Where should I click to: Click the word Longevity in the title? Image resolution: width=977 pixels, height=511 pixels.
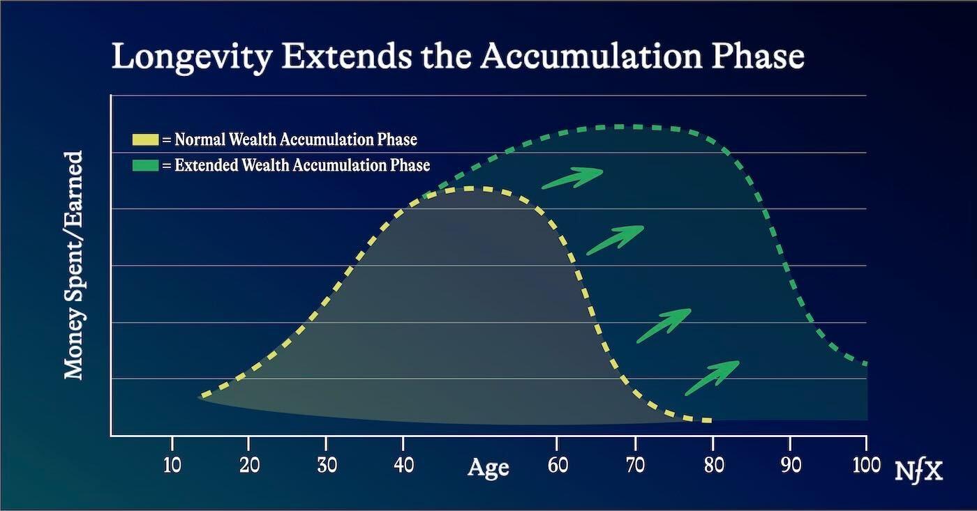193,57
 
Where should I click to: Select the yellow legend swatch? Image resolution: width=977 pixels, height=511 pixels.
145,139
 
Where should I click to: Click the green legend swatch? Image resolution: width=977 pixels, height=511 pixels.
145,165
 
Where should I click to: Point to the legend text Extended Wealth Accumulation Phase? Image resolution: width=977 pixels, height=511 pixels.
302,165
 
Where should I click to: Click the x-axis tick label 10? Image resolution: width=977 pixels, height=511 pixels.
172,466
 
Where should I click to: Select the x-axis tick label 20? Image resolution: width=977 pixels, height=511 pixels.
250,466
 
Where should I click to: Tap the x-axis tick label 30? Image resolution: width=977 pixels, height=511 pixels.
327,466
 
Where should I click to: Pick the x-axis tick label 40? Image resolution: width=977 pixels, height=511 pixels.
404,466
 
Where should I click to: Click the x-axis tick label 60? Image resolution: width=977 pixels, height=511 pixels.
558,466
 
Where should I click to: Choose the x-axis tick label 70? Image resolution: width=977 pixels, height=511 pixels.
636,466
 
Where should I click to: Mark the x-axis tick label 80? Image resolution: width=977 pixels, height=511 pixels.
714,466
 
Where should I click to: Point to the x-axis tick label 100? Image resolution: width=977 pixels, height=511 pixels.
866,466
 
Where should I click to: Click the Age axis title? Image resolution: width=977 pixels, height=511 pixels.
488,468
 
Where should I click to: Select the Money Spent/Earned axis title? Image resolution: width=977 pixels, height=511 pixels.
73,266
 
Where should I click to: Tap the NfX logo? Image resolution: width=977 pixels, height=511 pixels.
918,471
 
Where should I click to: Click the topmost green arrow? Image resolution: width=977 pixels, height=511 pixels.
573,178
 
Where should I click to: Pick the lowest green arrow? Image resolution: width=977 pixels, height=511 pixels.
713,378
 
